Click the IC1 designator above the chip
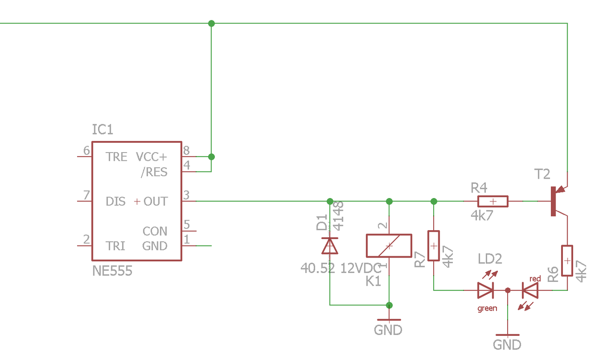pos(103,129)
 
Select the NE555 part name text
pos(112,271)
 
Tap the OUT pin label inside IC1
pos(156,201)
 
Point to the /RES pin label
pos(154,172)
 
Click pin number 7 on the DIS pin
pos(86,195)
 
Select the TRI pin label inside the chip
pos(115,246)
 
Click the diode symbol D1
pos(330,246)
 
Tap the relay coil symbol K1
pos(389,246)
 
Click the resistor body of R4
pos(493,201)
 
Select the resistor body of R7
pos(434,246)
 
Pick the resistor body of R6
pos(567,260)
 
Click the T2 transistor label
pos(542,174)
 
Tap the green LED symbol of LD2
pos(486,290)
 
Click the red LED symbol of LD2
pos(530,290)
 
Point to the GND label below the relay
pos(388,330)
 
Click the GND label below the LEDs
pos(507,345)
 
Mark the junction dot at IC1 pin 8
pos(212,157)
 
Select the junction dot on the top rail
pos(212,23)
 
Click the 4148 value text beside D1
pos(338,216)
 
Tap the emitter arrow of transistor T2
pos(561,189)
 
